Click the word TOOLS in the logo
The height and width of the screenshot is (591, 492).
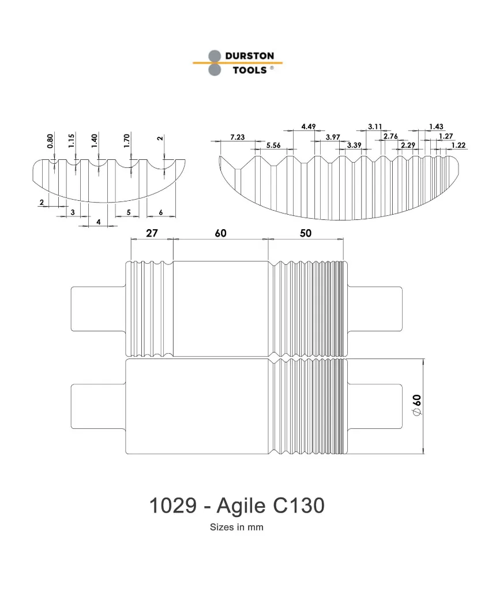click(249, 70)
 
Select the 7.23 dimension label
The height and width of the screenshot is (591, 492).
click(237, 137)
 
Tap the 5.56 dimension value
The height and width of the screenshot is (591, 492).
click(273, 145)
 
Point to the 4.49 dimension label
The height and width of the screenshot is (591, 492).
click(309, 126)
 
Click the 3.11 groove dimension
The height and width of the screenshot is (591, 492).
click(375, 126)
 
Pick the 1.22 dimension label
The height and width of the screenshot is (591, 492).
click(459, 145)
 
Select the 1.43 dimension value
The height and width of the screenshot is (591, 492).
click(436, 126)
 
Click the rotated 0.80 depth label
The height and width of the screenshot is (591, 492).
click(51, 141)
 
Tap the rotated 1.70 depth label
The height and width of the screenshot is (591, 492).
click(128, 140)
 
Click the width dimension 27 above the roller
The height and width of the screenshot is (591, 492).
click(151, 233)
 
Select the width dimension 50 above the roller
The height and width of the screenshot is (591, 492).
click(306, 233)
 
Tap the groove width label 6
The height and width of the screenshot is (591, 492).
click(160, 212)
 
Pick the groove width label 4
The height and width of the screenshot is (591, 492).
click(99, 222)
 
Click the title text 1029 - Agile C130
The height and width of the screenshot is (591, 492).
click(236, 506)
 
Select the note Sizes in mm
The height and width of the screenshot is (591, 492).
click(236, 527)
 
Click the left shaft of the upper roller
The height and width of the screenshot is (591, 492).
click(97, 309)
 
